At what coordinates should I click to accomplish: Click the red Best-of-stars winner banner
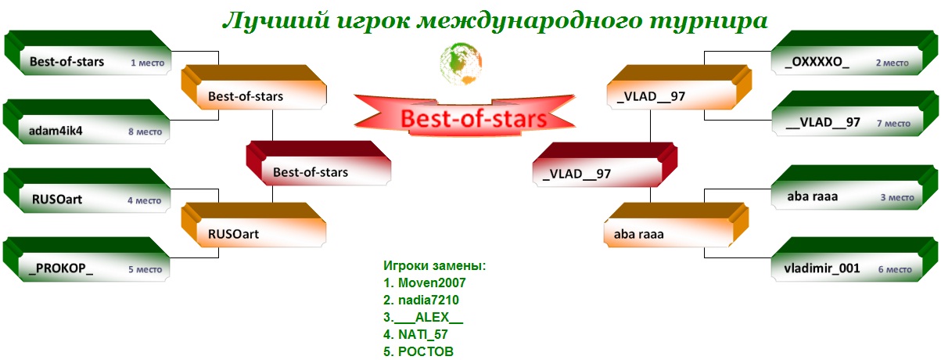point(465,116)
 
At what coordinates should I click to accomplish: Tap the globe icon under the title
point(461,63)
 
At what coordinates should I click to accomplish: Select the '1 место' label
point(148,63)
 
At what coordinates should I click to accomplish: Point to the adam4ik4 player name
point(56,131)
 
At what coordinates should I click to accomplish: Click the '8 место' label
point(145,132)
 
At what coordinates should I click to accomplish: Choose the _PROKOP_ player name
point(60,268)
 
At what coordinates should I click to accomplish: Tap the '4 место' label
point(145,201)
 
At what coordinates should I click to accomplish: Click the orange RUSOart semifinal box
point(253,225)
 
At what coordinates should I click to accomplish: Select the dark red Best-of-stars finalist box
point(318,163)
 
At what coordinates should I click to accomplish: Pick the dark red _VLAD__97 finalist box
point(605,164)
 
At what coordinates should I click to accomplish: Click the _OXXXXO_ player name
point(817,62)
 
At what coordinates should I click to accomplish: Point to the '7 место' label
point(893,124)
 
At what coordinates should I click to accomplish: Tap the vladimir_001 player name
point(822,268)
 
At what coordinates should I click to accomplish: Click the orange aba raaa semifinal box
point(677,225)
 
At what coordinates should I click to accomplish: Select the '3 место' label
point(897,197)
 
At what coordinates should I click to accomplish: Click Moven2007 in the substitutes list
point(432,283)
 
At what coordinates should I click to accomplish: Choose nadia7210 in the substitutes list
point(429,300)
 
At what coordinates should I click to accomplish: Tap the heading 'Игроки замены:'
point(435,265)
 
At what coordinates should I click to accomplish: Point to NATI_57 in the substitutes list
point(423,334)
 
